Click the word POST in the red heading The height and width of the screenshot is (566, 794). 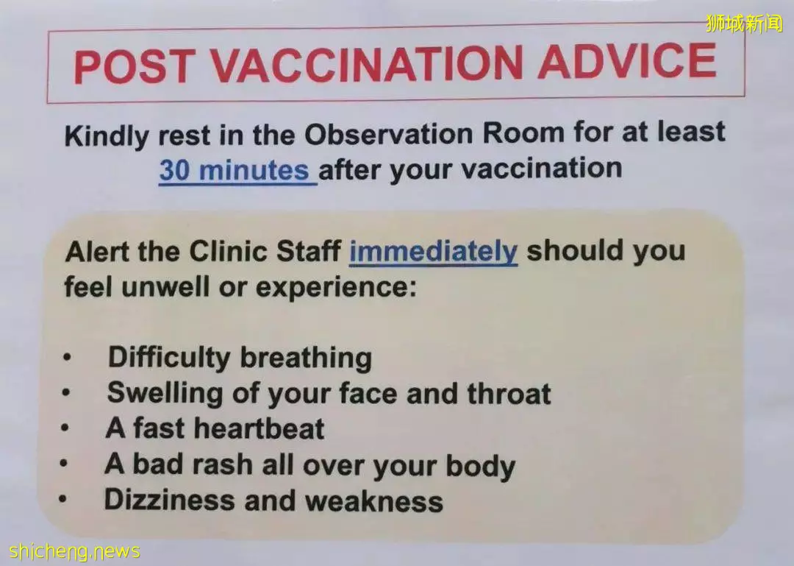click(135, 67)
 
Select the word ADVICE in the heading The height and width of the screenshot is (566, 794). click(628, 61)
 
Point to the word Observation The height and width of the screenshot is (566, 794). click(388, 134)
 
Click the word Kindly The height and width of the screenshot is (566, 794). click(107, 137)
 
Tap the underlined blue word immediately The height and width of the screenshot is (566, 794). click(434, 251)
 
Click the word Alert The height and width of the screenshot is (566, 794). click(97, 252)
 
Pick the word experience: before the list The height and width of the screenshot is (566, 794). click(336, 288)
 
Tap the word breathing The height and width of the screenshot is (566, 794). click(306, 358)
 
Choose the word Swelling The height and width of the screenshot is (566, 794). click(165, 394)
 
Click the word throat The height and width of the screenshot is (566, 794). click(509, 394)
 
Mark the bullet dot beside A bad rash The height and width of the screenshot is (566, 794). click(63, 463)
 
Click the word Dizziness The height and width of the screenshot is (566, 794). click(169, 500)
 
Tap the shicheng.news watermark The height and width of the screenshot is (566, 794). click(74, 551)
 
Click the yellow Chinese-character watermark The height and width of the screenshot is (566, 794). click(744, 24)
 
